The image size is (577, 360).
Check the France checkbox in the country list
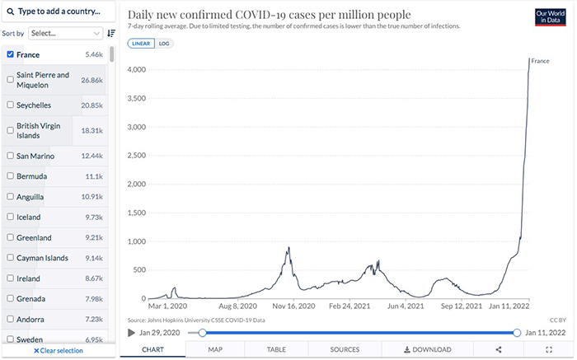(10, 54)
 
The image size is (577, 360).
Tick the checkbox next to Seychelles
(10, 105)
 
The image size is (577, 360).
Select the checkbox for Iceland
(10, 217)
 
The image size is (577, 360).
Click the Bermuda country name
(32, 176)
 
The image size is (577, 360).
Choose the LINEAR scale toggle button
(141, 44)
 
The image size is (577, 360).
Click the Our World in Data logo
(550, 18)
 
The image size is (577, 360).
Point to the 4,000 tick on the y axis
(134, 70)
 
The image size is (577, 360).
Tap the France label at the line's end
(540, 61)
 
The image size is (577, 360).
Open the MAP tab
(215, 349)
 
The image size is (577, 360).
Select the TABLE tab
(276, 349)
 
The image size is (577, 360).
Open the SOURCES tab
(345, 349)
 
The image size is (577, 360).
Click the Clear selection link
(58, 350)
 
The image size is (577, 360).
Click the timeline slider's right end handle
(517, 333)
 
